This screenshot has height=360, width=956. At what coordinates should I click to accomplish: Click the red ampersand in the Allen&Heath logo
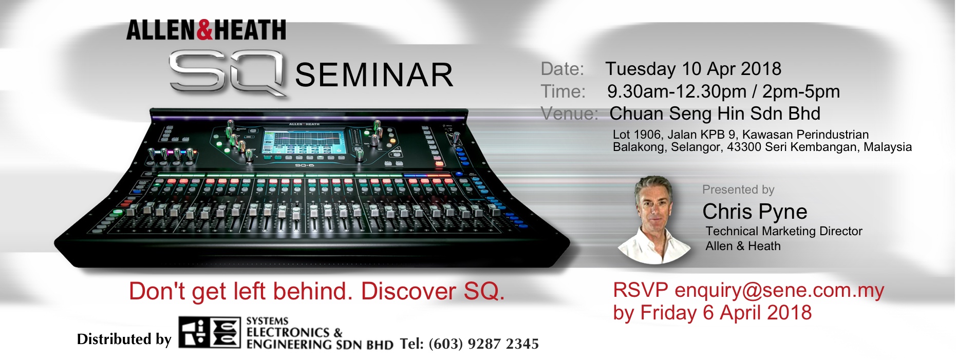[x=204, y=30]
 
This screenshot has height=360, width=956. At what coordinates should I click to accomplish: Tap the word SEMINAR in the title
[x=374, y=75]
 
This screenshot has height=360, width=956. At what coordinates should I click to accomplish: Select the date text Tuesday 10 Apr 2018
[x=693, y=69]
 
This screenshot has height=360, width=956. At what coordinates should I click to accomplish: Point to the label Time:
[x=563, y=91]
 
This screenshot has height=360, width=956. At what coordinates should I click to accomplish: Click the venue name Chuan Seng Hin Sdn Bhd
[x=715, y=113]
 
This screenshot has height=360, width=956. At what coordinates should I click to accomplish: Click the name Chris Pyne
[x=755, y=212]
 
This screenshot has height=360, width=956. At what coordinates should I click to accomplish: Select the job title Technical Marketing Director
[x=784, y=231]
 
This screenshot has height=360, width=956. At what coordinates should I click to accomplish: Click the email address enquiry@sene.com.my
[x=779, y=291]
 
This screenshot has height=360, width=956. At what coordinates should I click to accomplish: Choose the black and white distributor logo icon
[x=209, y=333]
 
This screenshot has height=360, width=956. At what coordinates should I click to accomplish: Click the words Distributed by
[x=124, y=339]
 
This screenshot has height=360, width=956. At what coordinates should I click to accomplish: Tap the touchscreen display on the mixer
[x=304, y=141]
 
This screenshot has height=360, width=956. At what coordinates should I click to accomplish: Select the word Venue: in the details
[x=570, y=113]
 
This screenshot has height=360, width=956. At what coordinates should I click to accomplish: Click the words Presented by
[x=738, y=190]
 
